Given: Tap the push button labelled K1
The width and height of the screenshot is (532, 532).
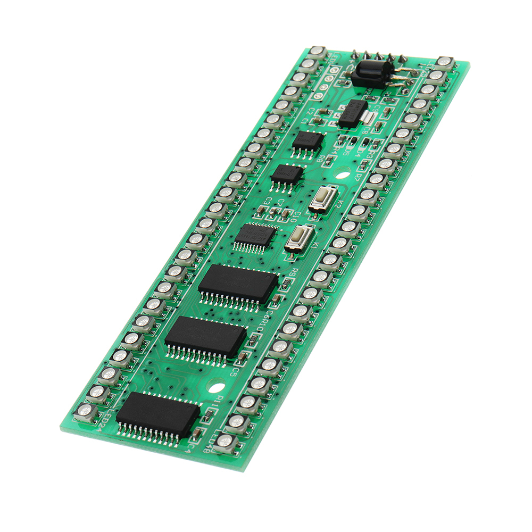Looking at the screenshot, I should pyautogui.click(x=299, y=237).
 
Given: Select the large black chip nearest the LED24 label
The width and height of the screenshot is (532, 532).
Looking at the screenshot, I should pyautogui.click(x=157, y=416).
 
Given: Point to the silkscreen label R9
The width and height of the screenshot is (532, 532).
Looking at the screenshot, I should pyautogui.click(x=294, y=273).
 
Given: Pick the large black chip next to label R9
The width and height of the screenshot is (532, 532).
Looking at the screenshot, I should pyautogui.click(x=238, y=284).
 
